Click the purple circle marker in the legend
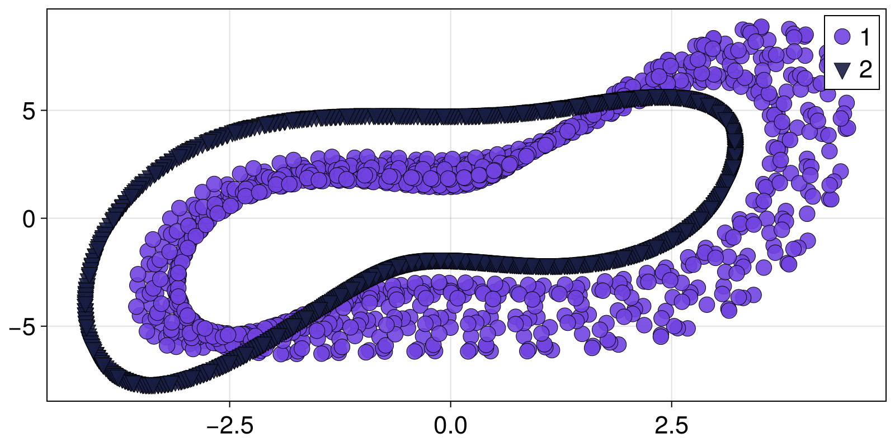tap(842, 37)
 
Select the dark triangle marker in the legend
tap(842, 70)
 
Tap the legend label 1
tap(865, 37)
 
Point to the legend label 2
tap(865, 70)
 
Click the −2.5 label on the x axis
tap(229, 426)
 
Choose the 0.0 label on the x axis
tap(450, 426)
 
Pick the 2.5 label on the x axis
tap(671, 426)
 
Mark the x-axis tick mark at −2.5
tap(229, 403)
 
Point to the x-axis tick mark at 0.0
tap(450, 403)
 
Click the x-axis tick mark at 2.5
tap(671, 403)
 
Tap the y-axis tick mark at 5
tap(44, 111)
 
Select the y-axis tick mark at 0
tap(44, 218)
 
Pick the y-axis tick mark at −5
tap(44, 326)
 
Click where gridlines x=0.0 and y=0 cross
tap(450, 218)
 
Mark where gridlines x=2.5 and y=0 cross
tap(671, 218)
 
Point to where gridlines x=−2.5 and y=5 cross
tap(229, 111)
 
